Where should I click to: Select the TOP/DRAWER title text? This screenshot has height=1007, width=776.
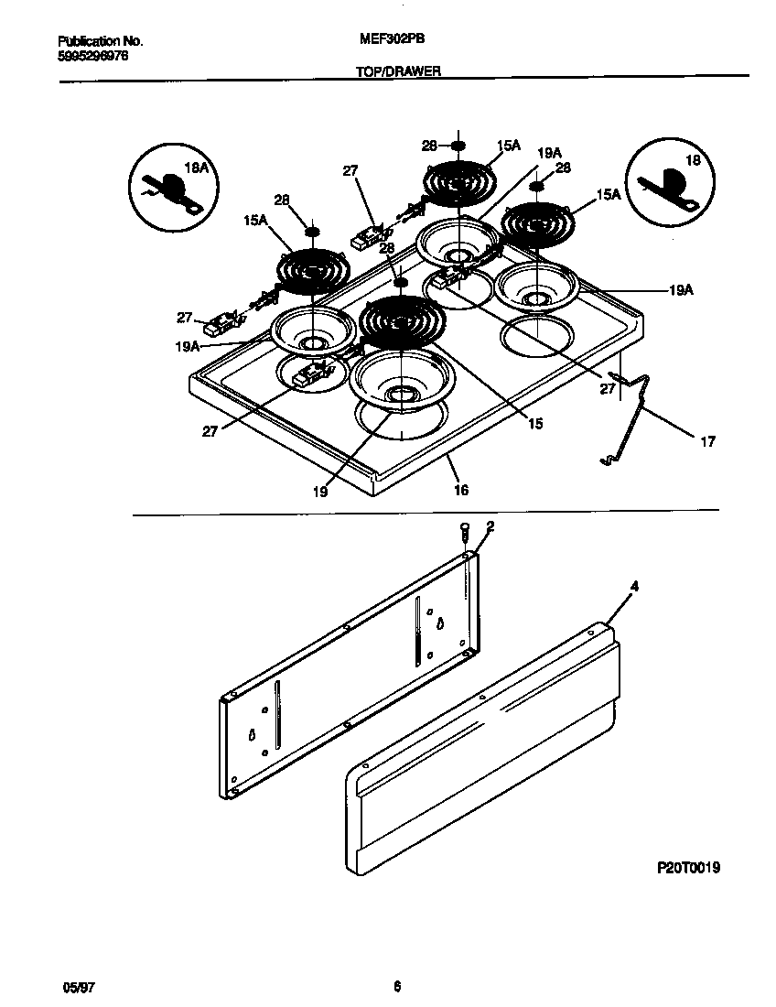tap(398, 70)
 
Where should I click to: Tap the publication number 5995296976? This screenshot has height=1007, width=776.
tap(93, 54)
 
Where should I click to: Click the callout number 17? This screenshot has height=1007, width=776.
tap(707, 442)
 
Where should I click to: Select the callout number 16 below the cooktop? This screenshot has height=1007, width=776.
tap(460, 491)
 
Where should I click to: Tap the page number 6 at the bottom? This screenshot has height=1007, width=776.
tap(396, 987)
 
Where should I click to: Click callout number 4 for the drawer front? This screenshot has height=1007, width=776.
tap(634, 585)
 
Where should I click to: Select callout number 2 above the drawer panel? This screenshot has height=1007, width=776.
tap(490, 526)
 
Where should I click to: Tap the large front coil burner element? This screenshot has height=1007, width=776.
tap(402, 320)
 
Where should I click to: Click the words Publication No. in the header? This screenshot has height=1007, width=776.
tap(100, 41)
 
